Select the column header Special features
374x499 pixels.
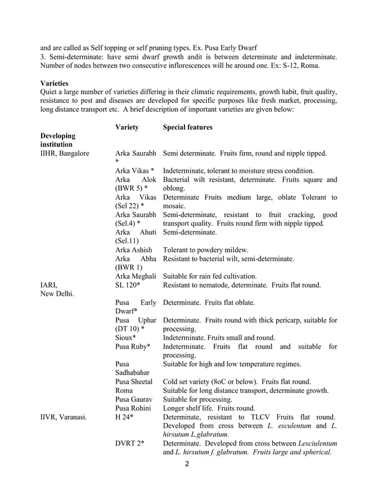[188, 127]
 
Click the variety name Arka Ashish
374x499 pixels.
[133, 249]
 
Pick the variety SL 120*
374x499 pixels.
[127, 284]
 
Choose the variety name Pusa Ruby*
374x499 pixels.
[133, 346]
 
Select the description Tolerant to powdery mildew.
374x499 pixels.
[206, 249]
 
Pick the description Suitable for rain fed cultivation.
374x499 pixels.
[211, 275]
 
